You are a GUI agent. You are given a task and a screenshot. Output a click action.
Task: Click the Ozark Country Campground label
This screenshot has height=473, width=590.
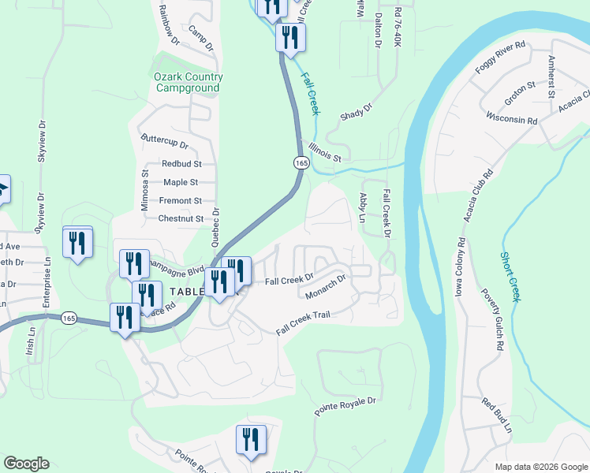(x=188, y=83)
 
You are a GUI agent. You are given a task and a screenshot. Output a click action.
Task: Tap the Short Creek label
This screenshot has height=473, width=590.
(x=510, y=277)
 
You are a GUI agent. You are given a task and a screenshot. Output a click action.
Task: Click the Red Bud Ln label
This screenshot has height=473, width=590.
(x=497, y=415)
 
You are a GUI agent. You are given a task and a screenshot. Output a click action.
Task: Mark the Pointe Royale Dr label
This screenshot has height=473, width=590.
(x=347, y=407)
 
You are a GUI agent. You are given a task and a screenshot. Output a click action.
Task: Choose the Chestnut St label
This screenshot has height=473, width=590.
(x=181, y=218)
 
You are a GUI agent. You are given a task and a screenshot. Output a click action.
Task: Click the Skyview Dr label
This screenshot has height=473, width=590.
(x=42, y=143)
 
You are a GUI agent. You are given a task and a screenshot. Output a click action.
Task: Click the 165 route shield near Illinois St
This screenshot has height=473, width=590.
(x=301, y=162)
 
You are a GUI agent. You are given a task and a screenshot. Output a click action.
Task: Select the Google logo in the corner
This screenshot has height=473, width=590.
(x=26, y=464)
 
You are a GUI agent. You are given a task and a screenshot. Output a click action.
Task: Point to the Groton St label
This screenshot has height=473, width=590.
(x=521, y=93)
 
